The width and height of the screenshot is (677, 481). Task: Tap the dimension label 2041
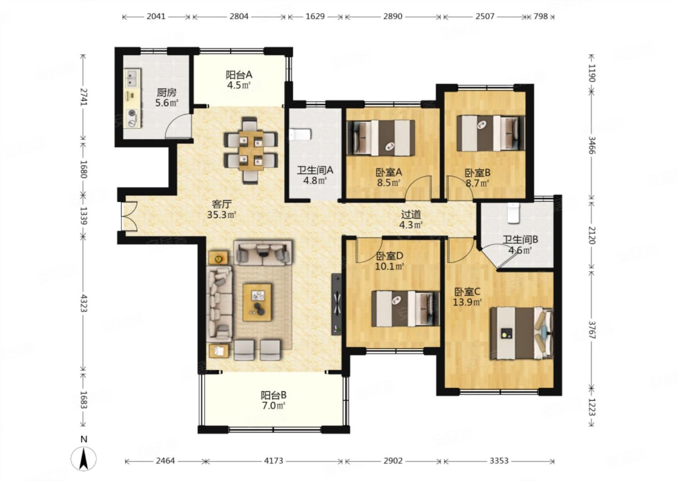pos(156,16)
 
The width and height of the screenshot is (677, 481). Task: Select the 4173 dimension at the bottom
pos(274,461)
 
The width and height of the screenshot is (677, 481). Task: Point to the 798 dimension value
pos(540,16)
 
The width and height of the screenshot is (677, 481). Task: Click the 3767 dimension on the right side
pos(592,330)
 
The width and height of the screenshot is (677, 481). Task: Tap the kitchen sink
pos(133,78)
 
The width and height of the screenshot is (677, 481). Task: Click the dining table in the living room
pos(251,150)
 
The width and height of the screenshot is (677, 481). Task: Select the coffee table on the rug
pos(257,302)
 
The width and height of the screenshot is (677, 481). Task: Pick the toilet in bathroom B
pos(513,213)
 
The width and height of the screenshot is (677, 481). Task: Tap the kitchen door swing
pos(178,126)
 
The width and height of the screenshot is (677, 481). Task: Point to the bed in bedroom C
pos(521,334)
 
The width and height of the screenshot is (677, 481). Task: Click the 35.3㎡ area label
pos(221,215)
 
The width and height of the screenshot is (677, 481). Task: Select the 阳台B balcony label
pos(274,395)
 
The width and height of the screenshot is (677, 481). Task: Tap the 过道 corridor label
pos(411,214)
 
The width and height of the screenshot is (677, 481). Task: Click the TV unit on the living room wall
pos(337,304)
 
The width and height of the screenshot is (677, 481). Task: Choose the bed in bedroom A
pos(381,138)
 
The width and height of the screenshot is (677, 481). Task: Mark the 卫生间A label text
pos(315,171)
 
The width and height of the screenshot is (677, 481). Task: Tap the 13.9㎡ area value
pos(467,302)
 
